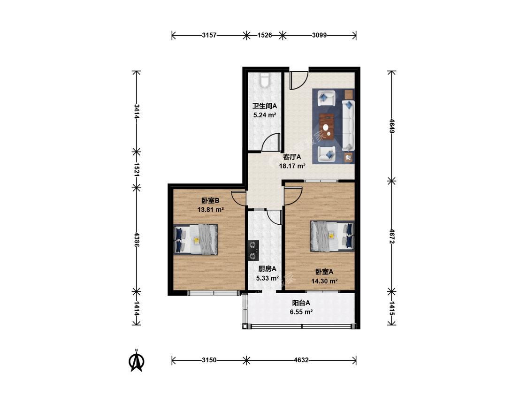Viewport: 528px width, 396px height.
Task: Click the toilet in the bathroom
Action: point(265,81)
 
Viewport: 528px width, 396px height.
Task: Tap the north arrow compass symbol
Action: point(137,361)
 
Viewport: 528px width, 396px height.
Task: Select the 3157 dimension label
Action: point(209,35)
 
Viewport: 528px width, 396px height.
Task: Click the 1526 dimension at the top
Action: point(265,35)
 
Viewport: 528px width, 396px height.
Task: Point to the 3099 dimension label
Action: point(319,35)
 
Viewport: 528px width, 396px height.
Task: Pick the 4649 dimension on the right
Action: point(391,126)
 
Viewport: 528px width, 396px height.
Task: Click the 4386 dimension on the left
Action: point(137,239)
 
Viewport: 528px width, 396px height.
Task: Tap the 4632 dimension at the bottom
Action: point(301,360)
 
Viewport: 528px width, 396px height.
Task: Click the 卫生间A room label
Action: point(265,106)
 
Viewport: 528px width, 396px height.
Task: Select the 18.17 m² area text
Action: point(292,166)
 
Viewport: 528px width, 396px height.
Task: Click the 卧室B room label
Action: point(210,201)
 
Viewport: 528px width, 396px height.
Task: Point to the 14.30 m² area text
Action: point(324,281)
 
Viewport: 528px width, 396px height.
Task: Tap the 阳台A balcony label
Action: point(301,303)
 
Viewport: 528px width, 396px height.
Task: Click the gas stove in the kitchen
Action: point(253,251)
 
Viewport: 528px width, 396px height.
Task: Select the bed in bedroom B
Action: point(195,239)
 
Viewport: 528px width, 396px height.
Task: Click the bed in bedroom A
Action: point(332,236)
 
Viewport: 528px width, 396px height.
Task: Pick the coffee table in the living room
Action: point(327,126)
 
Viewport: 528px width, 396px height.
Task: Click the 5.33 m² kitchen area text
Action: point(268,278)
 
